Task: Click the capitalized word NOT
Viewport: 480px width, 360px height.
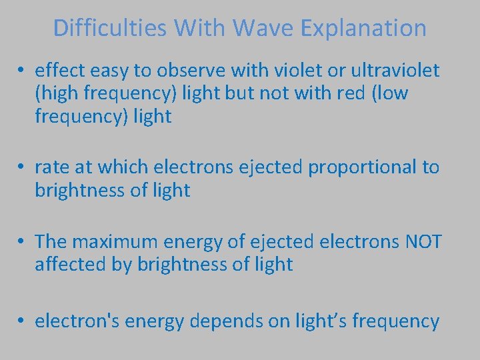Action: coord(423,241)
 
